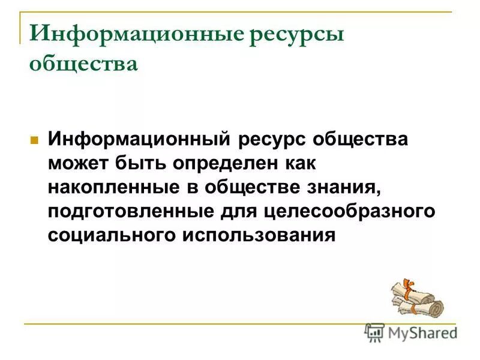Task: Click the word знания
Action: [347, 187]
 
